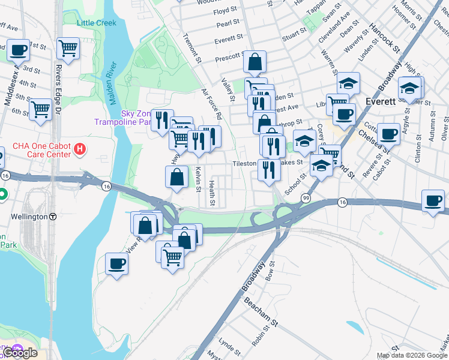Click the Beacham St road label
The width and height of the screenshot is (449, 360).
(261, 313)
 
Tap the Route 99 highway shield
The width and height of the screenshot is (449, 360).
(306, 197)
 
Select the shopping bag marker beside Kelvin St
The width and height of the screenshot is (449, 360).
(176, 176)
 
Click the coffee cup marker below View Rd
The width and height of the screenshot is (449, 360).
(116, 263)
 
